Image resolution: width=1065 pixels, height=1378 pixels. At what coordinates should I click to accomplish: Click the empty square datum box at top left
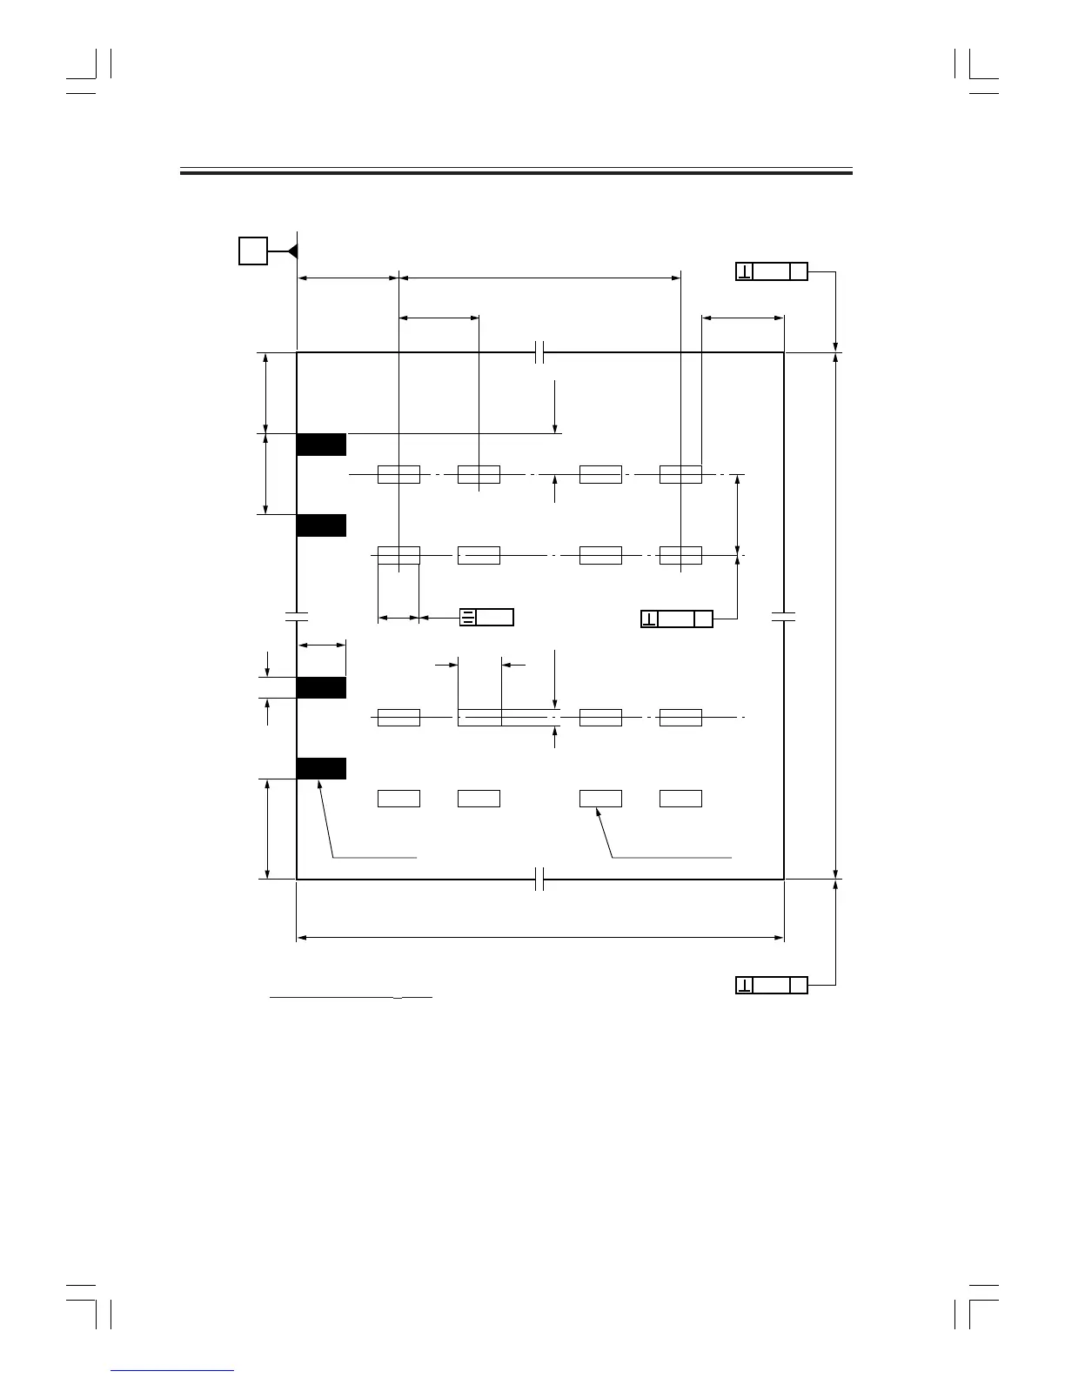click(x=253, y=251)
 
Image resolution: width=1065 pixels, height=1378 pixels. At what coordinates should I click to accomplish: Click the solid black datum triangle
click(x=293, y=251)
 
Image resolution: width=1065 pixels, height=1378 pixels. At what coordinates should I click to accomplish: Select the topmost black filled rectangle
click(x=321, y=444)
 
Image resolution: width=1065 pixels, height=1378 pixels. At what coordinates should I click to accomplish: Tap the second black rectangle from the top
click(x=321, y=525)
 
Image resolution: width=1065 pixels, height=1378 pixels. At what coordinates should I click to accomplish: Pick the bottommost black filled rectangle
click(x=321, y=768)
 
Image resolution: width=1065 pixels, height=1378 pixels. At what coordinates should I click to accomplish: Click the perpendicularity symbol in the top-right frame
click(x=745, y=271)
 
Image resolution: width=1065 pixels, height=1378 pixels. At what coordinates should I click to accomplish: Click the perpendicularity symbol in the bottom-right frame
click(x=745, y=985)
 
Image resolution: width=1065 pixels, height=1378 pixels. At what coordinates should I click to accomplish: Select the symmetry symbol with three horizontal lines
click(x=468, y=618)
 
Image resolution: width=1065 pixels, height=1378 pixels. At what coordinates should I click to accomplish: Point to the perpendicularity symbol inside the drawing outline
click(x=649, y=619)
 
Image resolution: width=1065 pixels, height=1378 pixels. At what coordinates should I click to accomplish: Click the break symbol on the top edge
click(x=539, y=352)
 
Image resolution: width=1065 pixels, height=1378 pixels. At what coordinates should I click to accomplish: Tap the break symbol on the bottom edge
click(x=539, y=880)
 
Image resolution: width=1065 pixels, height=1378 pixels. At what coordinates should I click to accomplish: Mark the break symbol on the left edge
click(x=297, y=617)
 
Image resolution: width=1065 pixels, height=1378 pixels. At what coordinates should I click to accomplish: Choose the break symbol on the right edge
click(x=784, y=617)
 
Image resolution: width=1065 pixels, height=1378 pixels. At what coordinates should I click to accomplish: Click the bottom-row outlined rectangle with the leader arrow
click(x=600, y=799)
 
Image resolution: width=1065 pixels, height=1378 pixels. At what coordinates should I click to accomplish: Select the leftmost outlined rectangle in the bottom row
click(x=399, y=799)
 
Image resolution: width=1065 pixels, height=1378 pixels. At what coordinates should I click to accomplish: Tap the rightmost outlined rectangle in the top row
click(x=680, y=474)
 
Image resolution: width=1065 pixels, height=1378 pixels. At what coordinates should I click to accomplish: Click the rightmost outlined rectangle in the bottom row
click(x=680, y=799)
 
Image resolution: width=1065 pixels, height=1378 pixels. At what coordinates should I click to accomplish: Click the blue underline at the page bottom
click(x=173, y=1371)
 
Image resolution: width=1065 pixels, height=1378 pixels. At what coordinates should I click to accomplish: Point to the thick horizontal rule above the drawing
click(x=516, y=172)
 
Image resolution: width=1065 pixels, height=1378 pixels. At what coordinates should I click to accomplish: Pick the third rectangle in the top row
click(x=600, y=474)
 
